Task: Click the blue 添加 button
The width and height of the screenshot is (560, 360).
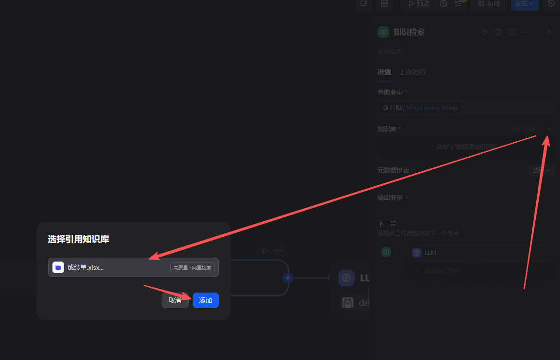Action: click(205, 300)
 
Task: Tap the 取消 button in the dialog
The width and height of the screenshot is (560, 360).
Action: click(175, 300)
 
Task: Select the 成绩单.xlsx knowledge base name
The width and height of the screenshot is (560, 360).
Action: click(85, 267)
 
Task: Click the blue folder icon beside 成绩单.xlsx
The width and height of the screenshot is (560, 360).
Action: click(58, 267)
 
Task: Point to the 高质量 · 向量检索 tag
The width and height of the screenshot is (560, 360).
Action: click(192, 267)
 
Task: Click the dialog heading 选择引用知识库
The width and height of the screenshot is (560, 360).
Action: click(78, 239)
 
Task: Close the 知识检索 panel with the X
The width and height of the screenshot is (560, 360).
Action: click(549, 32)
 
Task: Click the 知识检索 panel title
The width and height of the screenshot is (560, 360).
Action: click(409, 32)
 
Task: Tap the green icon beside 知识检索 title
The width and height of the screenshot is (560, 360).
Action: click(383, 32)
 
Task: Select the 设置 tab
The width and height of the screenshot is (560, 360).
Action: click(384, 72)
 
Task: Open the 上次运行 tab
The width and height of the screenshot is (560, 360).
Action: click(412, 72)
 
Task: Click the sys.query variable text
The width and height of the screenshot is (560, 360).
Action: click(427, 108)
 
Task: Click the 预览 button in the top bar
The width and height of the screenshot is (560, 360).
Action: click(419, 4)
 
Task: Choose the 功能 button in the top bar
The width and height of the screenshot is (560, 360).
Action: click(489, 4)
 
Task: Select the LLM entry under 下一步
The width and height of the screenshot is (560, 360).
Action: click(430, 253)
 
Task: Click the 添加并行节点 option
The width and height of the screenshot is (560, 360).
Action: click(442, 271)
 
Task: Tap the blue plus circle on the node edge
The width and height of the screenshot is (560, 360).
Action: click(288, 278)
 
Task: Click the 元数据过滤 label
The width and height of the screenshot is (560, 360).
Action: click(393, 170)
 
